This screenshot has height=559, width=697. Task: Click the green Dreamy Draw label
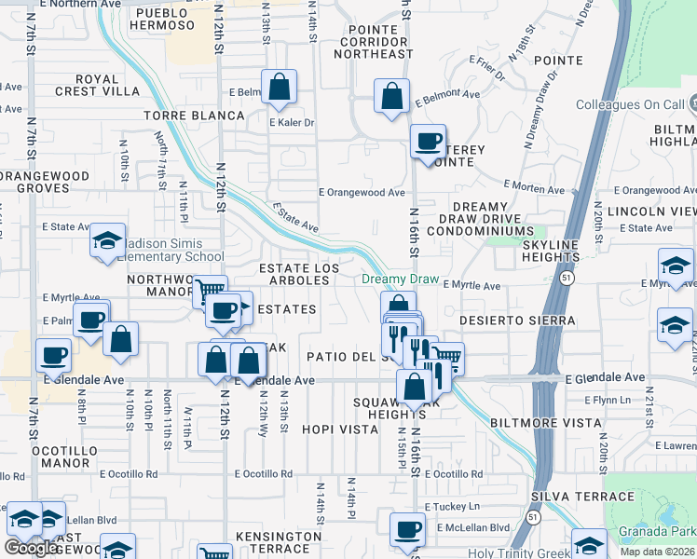[400, 279]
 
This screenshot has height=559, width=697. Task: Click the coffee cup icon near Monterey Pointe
[428, 143]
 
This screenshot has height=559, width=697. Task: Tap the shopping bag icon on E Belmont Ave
[392, 96]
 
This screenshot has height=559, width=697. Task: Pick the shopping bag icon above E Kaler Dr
[280, 89]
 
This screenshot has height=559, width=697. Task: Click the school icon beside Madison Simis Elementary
[108, 240]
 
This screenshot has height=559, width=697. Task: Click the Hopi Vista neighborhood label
[339, 429]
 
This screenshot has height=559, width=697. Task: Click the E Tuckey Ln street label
[451, 507]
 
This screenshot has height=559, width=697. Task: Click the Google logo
[31, 548]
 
